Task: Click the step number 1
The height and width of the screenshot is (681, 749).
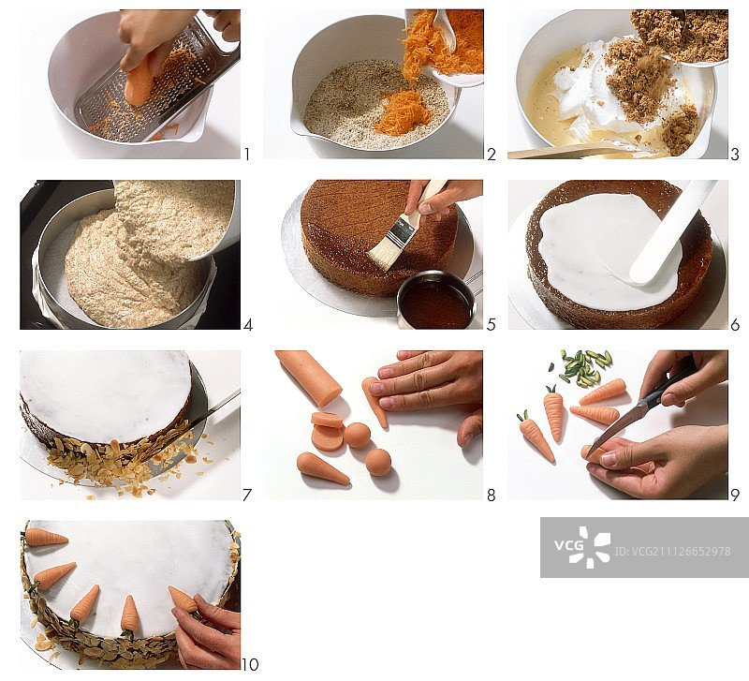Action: pos(247,155)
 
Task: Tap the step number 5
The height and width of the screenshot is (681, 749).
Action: pos(491,325)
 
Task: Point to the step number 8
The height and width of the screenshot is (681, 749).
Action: pos(491,496)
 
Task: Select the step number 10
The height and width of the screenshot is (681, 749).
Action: pos(250,664)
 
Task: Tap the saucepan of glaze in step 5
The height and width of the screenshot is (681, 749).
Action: pos(436,300)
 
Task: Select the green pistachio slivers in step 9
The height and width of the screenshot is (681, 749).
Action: pos(584,367)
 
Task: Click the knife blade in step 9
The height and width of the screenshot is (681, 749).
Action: pos(619,425)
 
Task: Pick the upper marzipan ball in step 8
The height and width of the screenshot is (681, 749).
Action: pos(358,436)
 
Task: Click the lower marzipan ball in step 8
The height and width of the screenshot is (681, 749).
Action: pos(378,462)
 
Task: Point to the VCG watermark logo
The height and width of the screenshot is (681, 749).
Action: pos(582,547)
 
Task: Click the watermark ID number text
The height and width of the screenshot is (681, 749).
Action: pos(672,552)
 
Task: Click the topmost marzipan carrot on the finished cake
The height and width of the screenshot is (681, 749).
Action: pos(46,538)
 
